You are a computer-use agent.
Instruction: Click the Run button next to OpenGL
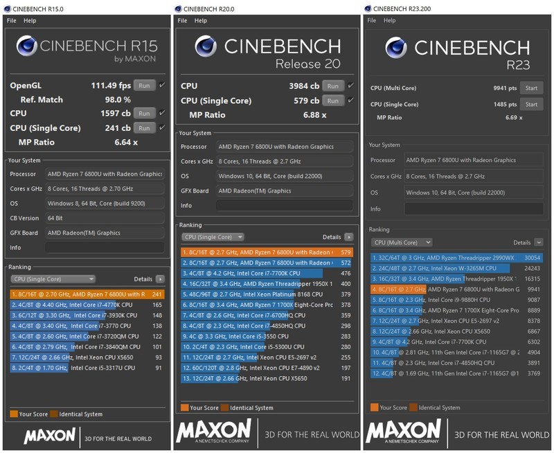[x=143, y=85]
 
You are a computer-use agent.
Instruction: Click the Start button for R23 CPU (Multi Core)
[x=531, y=88]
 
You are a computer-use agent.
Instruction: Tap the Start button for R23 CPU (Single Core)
[x=531, y=105]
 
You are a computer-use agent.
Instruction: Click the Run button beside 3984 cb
[x=333, y=86]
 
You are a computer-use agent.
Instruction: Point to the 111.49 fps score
[x=111, y=85]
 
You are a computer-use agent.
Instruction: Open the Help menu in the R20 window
[x=201, y=21]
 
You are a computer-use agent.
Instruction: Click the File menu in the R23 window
[x=372, y=20]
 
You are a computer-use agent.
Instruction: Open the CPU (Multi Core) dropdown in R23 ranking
[x=402, y=242]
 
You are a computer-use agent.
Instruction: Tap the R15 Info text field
[x=105, y=247]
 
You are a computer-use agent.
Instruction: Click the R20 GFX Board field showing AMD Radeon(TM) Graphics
[x=284, y=190]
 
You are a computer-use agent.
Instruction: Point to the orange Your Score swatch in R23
[x=374, y=407]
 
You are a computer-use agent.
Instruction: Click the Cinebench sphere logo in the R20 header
[x=206, y=46]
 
